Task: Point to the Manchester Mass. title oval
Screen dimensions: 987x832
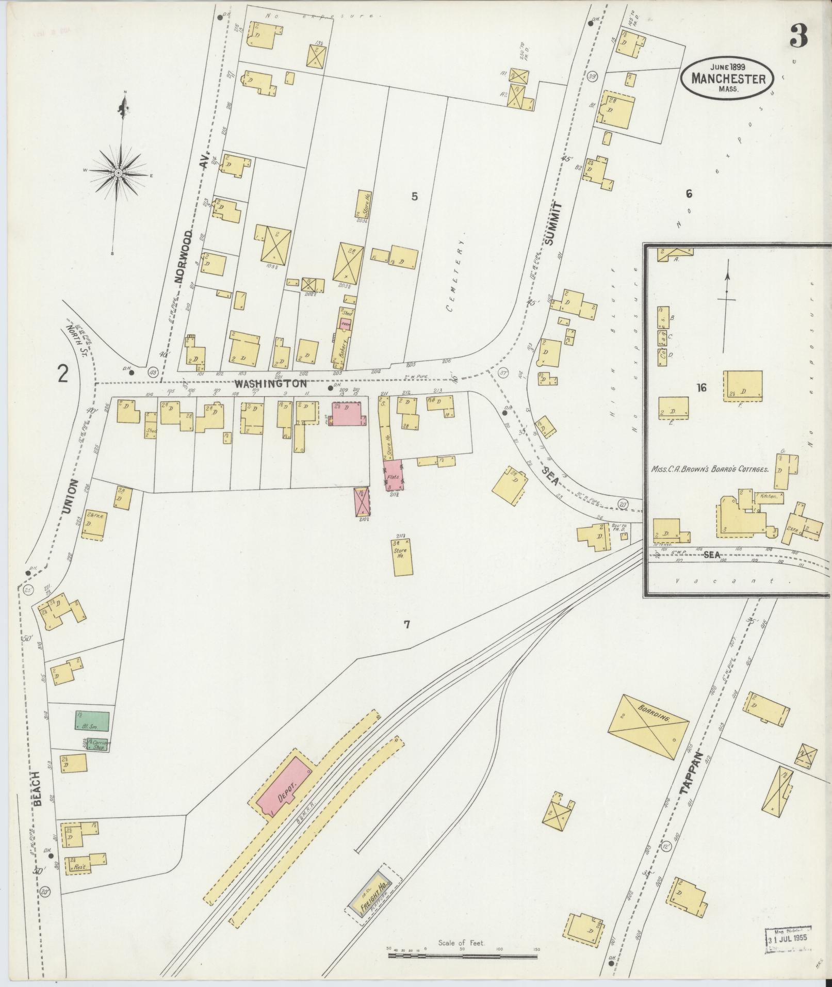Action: (x=727, y=77)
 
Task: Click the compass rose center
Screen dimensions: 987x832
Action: (x=118, y=172)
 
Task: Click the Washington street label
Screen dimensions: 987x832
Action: (x=271, y=384)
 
